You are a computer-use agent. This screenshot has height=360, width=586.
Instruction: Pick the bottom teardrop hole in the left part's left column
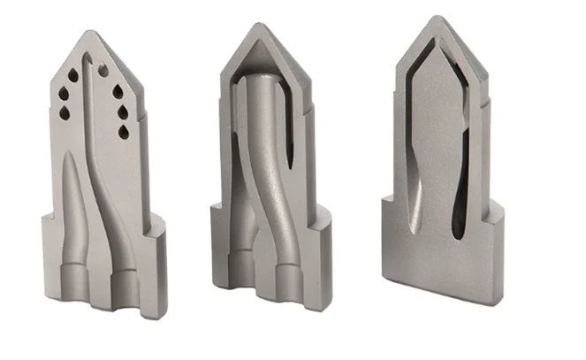point(64,113)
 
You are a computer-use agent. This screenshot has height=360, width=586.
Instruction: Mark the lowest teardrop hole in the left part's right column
point(124,132)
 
